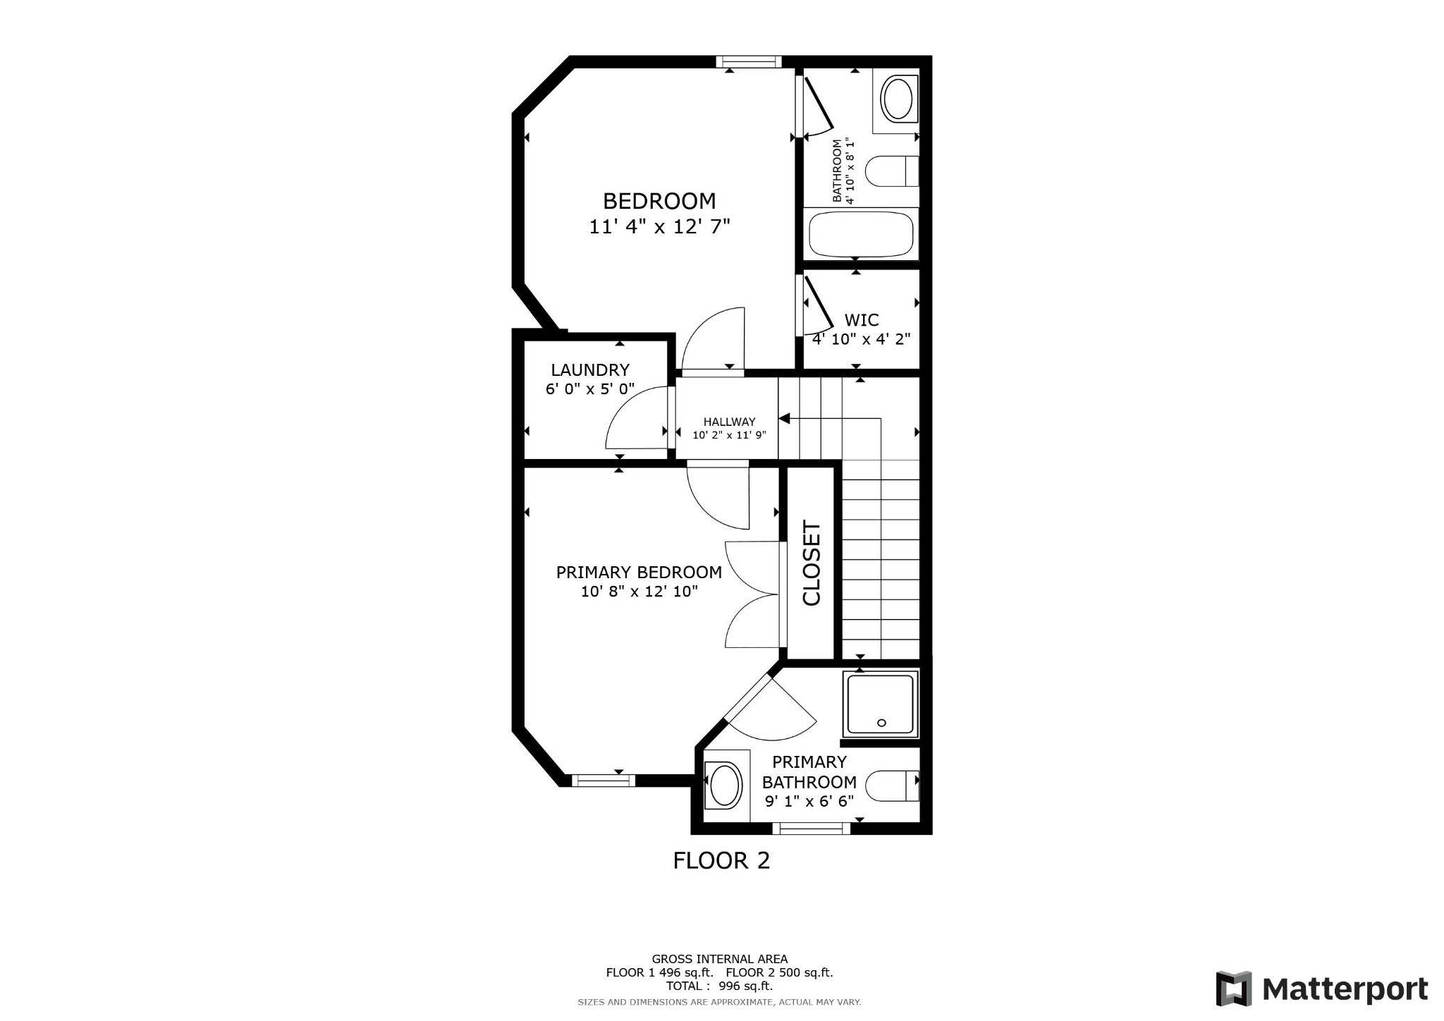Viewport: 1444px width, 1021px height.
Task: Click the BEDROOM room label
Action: pyautogui.click(x=659, y=202)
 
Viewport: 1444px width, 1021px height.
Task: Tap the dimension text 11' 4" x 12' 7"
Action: pyautogui.click(x=659, y=227)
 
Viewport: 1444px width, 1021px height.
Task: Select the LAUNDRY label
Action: pyautogui.click(x=590, y=370)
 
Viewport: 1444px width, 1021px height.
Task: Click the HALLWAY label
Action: pyautogui.click(x=729, y=422)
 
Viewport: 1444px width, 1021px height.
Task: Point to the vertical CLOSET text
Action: pyautogui.click(x=812, y=563)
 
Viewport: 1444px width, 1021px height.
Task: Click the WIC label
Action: pyautogui.click(x=861, y=320)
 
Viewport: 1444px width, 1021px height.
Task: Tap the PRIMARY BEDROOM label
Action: pyautogui.click(x=639, y=573)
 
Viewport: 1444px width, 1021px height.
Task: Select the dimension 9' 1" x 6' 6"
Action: pyautogui.click(x=809, y=801)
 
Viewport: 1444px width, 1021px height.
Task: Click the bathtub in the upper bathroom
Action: pyautogui.click(x=861, y=235)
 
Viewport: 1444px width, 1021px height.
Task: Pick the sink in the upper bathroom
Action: pyautogui.click(x=898, y=99)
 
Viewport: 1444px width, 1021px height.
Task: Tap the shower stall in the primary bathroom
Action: pyautogui.click(x=881, y=704)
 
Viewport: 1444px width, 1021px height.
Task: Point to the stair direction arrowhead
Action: pyautogui.click(x=783, y=419)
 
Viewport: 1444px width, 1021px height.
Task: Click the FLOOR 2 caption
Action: pyautogui.click(x=721, y=861)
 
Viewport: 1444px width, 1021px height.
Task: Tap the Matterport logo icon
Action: pyautogui.click(x=1233, y=989)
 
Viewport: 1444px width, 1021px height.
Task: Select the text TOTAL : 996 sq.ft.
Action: pyautogui.click(x=719, y=986)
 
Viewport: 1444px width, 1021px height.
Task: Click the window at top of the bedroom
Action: pyautogui.click(x=749, y=62)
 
